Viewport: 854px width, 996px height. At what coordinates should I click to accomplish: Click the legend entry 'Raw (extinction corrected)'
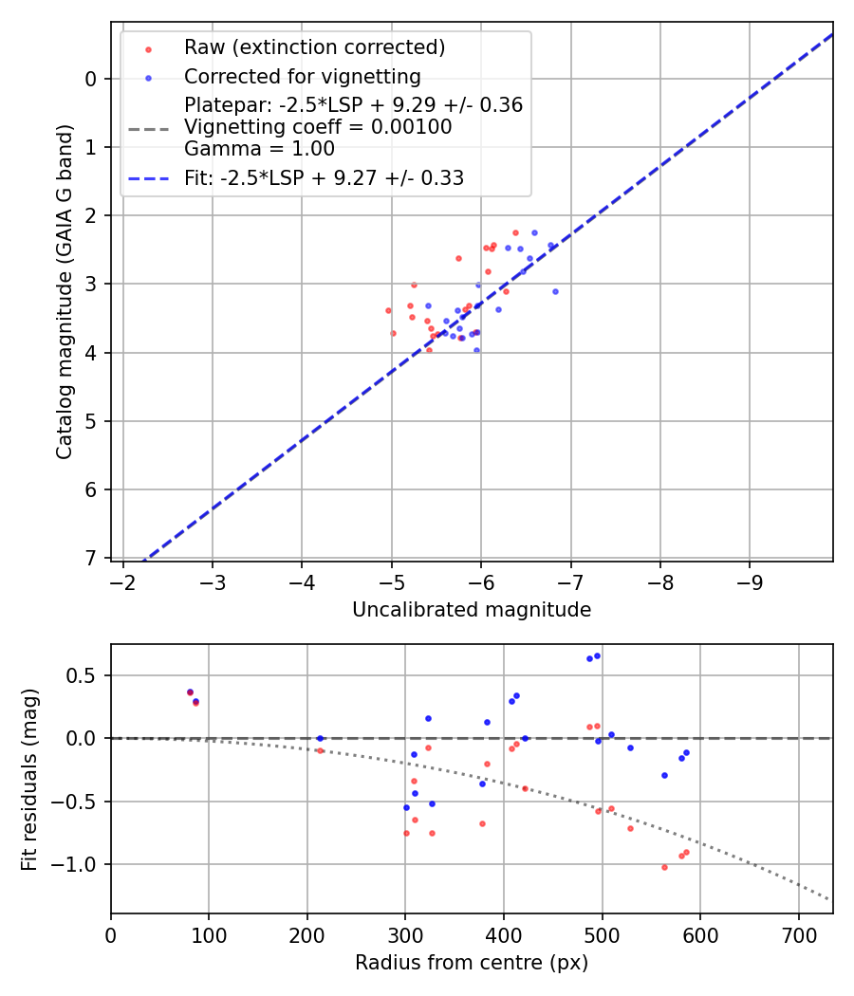tap(314, 47)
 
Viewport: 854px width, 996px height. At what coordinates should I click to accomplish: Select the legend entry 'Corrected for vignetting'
tap(302, 76)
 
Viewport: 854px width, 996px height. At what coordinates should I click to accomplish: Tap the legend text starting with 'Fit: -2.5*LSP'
tap(324, 177)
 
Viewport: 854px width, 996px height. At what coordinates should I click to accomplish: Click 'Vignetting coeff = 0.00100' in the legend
tap(318, 127)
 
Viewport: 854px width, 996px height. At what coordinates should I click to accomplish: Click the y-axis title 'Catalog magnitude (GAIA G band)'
tap(65, 290)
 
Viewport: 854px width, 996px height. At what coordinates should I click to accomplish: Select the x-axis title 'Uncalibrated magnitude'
tap(472, 610)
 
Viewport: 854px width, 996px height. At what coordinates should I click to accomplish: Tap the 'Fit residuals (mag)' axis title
tap(29, 778)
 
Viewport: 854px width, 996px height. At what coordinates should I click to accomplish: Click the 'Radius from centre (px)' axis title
tap(472, 963)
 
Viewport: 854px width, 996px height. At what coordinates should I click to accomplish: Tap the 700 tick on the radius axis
tap(798, 934)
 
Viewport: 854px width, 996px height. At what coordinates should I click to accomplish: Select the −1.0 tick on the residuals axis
tap(80, 864)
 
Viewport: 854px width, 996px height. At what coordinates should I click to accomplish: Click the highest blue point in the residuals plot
tap(597, 655)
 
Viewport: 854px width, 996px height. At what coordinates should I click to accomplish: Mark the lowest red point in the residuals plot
tap(664, 867)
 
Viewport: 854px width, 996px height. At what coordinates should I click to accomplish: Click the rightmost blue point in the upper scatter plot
tap(555, 291)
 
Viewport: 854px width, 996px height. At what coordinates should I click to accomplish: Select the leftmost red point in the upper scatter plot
tap(388, 310)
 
